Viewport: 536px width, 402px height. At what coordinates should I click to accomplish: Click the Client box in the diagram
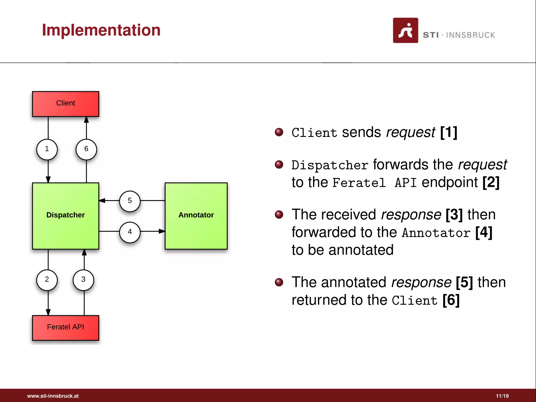click(x=65, y=104)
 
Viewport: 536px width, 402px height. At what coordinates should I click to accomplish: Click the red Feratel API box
click(x=65, y=327)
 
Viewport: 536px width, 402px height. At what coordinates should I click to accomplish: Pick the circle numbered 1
click(x=47, y=149)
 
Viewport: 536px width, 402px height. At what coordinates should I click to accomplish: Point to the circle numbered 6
click(x=86, y=149)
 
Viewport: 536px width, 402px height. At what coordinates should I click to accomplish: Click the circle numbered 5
click(x=130, y=201)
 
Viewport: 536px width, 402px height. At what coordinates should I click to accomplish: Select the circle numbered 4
click(x=130, y=232)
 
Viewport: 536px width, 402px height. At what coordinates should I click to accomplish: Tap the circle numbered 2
click(x=47, y=280)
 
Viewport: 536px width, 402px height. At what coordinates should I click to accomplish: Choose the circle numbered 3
click(x=83, y=280)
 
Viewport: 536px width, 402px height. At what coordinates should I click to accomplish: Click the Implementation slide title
click(x=101, y=30)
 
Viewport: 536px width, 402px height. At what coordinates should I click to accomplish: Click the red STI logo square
click(x=405, y=30)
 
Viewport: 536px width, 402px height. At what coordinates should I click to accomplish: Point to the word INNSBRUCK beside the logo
click(x=470, y=35)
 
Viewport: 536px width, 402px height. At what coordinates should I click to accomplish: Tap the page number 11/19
click(x=502, y=396)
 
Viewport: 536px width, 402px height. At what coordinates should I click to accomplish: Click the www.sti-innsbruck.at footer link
click(x=53, y=396)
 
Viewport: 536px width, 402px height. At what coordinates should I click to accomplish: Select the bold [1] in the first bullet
click(x=448, y=132)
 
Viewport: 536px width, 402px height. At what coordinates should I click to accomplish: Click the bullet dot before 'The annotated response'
click(x=279, y=282)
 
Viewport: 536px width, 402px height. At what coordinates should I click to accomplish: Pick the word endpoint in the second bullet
click(x=449, y=182)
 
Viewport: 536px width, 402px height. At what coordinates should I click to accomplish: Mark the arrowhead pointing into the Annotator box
click(x=162, y=231)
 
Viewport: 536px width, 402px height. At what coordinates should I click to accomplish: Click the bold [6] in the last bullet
click(x=451, y=300)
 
